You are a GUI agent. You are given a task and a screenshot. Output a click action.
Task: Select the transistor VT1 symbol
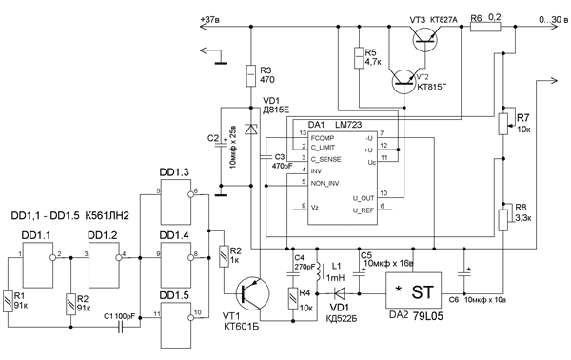click(x=249, y=295)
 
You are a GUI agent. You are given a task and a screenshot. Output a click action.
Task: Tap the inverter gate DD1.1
click(x=38, y=255)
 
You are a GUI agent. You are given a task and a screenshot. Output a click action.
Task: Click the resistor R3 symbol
click(x=249, y=75)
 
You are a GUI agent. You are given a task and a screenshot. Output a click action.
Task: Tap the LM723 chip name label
click(x=352, y=126)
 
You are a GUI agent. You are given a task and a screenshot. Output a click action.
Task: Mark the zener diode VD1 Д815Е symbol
click(x=249, y=128)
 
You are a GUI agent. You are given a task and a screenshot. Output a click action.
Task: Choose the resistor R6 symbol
click(x=484, y=28)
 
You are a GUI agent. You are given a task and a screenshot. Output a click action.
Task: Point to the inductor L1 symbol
click(x=320, y=272)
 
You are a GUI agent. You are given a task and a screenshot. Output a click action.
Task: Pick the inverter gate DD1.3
click(x=177, y=202)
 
